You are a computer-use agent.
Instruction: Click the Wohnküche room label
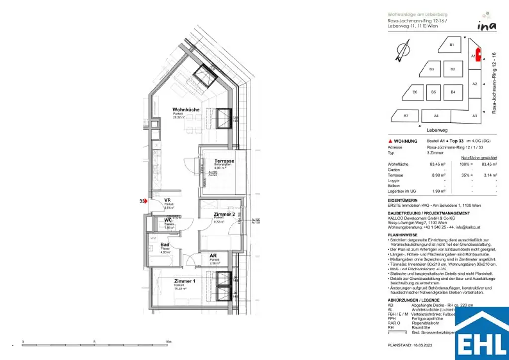pyautogui.click(x=186, y=109)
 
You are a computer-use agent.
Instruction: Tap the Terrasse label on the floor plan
pyautogui.click(x=224, y=161)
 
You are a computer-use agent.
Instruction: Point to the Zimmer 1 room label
pyautogui.click(x=185, y=281)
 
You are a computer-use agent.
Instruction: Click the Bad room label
pyautogui.click(x=165, y=245)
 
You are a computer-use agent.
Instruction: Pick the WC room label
pyautogui.click(x=168, y=220)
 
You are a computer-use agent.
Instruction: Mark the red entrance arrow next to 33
pyautogui.click(x=146, y=201)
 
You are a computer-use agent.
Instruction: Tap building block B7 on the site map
pyautogui.click(x=405, y=116)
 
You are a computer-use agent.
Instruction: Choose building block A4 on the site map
pyautogui.click(x=436, y=116)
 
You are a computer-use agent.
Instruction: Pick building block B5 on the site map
pyautogui.click(x=433, y=92)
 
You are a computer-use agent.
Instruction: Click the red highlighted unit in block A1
pyautogui.click(x=479, y=55)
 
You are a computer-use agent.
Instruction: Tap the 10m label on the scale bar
pyautogui.click(x=168, y=342)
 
